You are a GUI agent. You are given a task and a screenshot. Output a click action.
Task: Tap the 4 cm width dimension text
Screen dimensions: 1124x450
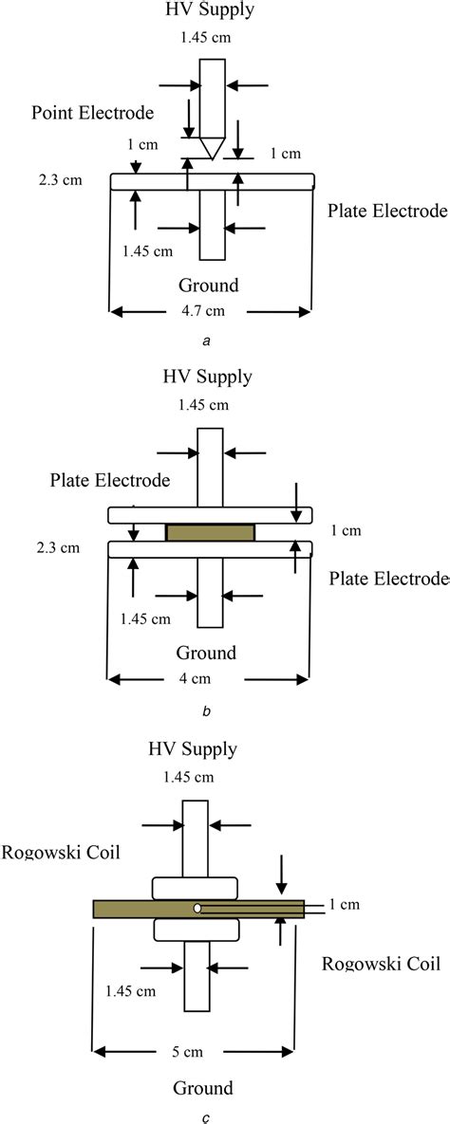tap(211, 678)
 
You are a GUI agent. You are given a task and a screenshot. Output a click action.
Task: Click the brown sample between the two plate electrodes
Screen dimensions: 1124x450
tap(211, 533)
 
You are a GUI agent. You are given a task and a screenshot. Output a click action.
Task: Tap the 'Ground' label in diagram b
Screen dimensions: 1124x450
tap(206, 653)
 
